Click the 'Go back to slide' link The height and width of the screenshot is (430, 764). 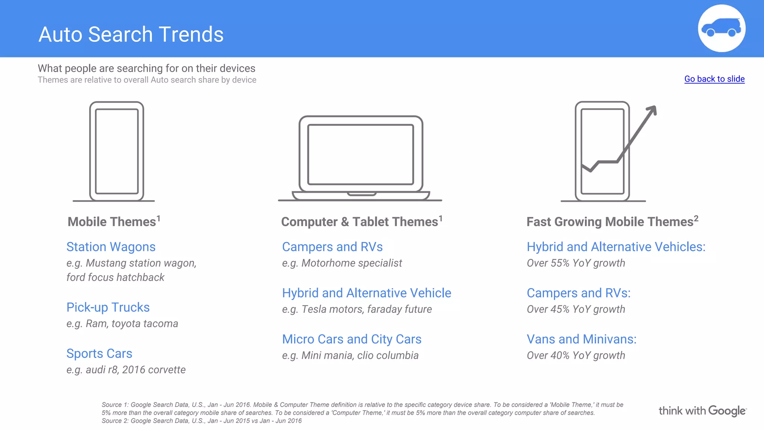coord(714,79)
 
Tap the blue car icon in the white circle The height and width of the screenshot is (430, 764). coord(721,28)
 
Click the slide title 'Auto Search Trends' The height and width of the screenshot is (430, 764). coord(131,34)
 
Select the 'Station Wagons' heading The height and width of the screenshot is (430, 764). coord(111,247)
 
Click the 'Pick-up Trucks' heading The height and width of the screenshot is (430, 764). coord(108,307)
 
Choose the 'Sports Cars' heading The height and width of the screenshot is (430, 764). coord(99,353)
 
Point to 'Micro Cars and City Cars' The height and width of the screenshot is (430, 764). coord(351,339)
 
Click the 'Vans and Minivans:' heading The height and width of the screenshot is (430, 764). coord(581,339)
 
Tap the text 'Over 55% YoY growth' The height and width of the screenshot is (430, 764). coord(576,263)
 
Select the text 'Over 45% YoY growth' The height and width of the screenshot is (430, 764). coord(576,309)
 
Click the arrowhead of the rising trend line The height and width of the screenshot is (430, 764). coord(652,110)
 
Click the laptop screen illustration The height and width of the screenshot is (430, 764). coord(360,155)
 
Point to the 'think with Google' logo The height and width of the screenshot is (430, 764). coord(702,411)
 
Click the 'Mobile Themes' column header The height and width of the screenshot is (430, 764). coord(112,222)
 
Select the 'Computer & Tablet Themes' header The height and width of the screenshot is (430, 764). coord(359,222)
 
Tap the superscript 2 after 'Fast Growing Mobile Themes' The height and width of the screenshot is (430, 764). coord(696,218)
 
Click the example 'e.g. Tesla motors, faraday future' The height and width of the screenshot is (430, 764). coord(357,309)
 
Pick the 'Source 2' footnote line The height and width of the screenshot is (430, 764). coord(201,421)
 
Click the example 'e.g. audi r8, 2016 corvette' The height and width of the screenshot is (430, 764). coord(126,370)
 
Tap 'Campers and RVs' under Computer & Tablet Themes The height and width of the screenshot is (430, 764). coord(332,247)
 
